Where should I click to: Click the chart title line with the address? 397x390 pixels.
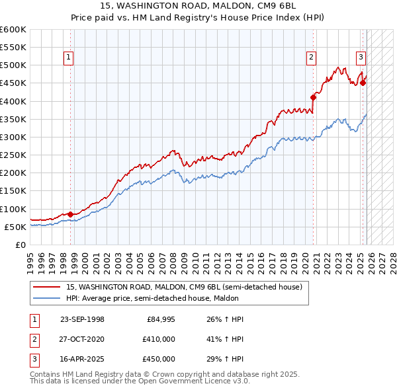[x=198, y=5]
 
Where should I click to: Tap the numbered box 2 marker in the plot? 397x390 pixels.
[x=311, y=58]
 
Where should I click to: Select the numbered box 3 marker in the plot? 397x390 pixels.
[x=361, y=58]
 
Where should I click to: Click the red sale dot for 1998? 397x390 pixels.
[x=70, y=214]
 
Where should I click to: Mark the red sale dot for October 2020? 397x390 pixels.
[x=313, y=97]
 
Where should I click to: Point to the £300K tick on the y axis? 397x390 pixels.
[x=13, y=137]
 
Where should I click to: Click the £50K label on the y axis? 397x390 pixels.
[x=15, y=227]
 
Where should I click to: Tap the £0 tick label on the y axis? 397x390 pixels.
[x=20, y=245]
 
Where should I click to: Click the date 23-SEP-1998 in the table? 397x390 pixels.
[x=82, y=319]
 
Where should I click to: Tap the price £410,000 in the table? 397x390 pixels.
[x=159, y=339]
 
